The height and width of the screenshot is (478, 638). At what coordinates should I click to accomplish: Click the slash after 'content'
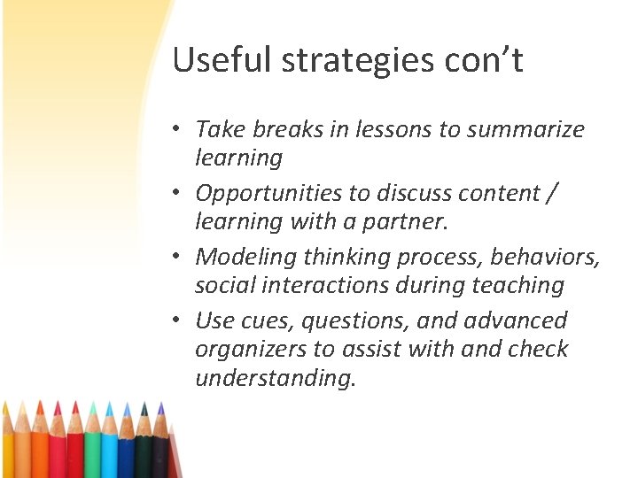tap(553, 193)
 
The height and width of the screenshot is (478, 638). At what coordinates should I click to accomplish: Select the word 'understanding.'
tap(276, 378)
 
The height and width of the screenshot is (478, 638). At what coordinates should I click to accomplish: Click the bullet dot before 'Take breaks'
tap(178, 129)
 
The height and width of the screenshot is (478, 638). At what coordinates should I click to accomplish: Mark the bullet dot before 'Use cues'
tap(178, 320)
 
